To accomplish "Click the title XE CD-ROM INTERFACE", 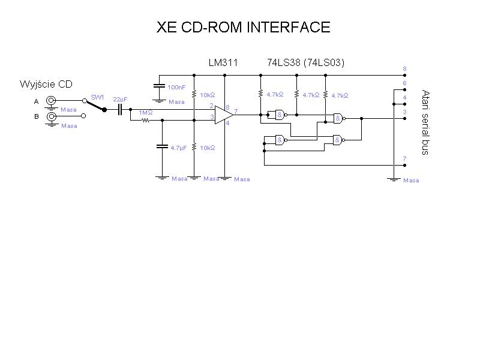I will tap(243, 27).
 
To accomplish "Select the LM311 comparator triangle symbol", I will tap(224, 115).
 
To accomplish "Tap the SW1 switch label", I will tap(97, 97).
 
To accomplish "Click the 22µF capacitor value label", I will tap(120, 99).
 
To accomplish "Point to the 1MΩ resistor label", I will tap(145, 113).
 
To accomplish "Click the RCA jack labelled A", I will tap(52, 101).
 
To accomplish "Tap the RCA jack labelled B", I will tap(52, 116).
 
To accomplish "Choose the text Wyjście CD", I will tap(46, 84).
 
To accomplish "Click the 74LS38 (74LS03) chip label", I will tap(305, 62).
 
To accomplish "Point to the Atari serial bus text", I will tap(425, 122).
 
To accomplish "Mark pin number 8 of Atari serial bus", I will tap(405, 69).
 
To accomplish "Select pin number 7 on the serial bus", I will tap(405, 158).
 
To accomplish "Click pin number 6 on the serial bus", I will tap(405, 83).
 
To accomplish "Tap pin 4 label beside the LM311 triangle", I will tap(227, 124).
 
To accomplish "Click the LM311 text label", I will tap(223, 62).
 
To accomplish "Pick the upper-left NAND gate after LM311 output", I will tap(279, 115).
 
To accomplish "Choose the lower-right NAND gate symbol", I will tap(338, 140).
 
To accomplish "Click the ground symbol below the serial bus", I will tap(394, 179).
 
